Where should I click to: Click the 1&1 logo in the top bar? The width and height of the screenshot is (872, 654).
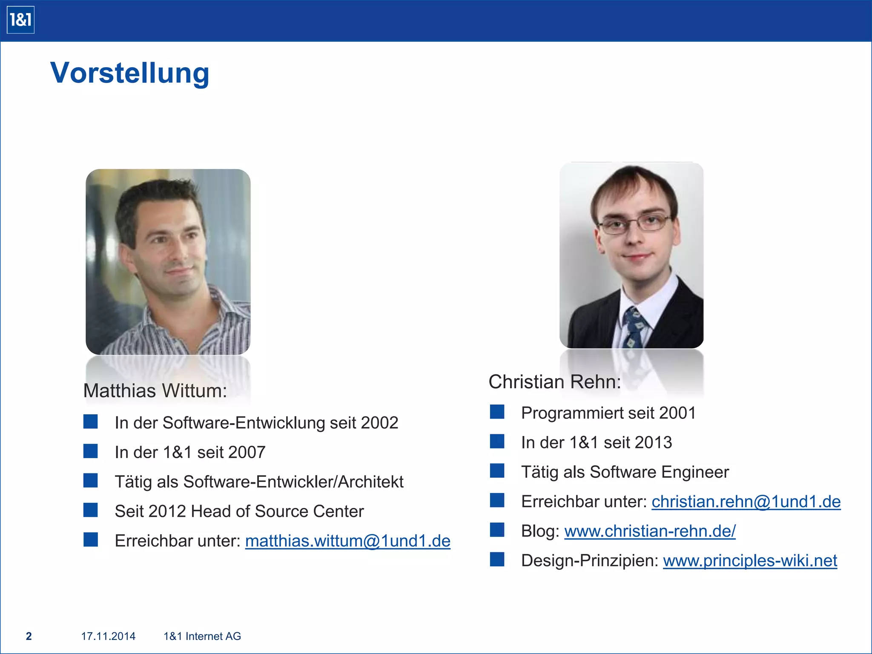(x=20, y=20)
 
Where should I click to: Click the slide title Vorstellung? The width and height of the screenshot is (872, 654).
(x=130, y=73)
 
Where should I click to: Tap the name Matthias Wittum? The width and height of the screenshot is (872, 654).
(x=155, y=390)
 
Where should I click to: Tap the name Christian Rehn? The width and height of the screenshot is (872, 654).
(x=554, y=381)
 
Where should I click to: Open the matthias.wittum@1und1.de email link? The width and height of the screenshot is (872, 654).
(x=347, y=541)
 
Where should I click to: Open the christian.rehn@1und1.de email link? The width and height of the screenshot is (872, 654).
(x=746, y=502)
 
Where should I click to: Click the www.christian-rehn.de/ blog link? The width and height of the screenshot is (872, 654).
(x=650, y=531)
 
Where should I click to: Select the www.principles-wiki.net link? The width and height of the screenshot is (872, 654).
(x=750, y=560)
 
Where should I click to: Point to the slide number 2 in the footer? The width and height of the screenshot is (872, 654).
(x=29, y=636)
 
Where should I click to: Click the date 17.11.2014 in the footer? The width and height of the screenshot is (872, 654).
(x=108, y=636)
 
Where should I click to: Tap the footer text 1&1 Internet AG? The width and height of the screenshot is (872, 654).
(x=202, y=636)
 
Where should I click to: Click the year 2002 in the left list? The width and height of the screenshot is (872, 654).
(x=379, y=423)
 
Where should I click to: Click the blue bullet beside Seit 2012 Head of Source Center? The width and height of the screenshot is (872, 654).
(x=90, y=510)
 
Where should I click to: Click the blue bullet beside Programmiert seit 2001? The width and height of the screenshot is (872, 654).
(x=497, y=412)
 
